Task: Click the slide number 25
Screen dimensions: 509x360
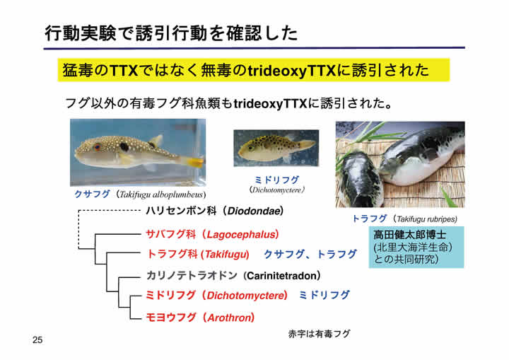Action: [x=37, y=340]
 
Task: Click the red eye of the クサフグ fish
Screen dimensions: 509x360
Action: [x=97, y=147]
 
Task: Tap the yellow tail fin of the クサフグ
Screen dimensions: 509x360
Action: [x=195, y=161]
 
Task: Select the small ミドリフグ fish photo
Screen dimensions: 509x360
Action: [x=276, y=148]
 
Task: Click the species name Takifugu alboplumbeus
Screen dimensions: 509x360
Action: [x=162, y=194]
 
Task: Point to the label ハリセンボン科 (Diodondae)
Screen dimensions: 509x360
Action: [x=215, y=211]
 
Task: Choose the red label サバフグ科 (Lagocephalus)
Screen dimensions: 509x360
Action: [x=212, y=234]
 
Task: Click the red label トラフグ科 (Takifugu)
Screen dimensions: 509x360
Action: [x=198, y=254]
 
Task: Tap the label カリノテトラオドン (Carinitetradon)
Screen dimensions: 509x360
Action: [x=233, y=276]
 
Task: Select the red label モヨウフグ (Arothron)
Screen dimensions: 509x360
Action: [x=200, y=317]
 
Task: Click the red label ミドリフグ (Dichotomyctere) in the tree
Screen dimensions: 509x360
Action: [x=216, y=296]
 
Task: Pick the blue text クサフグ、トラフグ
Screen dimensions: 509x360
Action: [x=310, y=254]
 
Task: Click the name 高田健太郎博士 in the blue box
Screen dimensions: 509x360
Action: [x=409, y=235]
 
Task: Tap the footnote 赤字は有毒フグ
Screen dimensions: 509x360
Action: [x=319, y=334]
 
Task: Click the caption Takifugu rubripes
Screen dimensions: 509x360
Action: [x=427, y=219]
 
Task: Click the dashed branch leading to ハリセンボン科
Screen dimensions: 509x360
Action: [x=109, y=211]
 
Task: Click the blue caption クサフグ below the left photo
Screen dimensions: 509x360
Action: [x=92, y=194]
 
